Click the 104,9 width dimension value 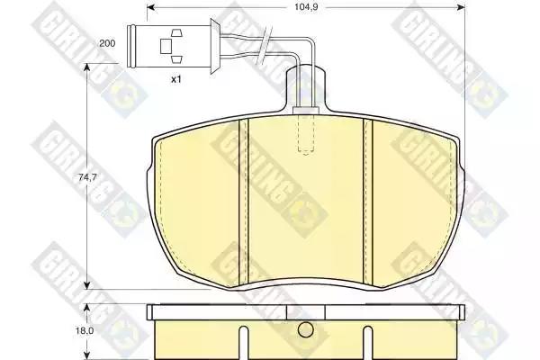point(306,7)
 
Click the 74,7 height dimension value point(87,177)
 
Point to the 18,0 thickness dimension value point(85,330)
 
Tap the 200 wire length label point(107,43)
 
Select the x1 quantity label point(176,79)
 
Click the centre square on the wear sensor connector point(166,46)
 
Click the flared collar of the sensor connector point(215,46)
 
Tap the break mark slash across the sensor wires point(265,46)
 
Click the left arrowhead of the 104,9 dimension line point(151,7)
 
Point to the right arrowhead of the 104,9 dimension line point(461,7)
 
